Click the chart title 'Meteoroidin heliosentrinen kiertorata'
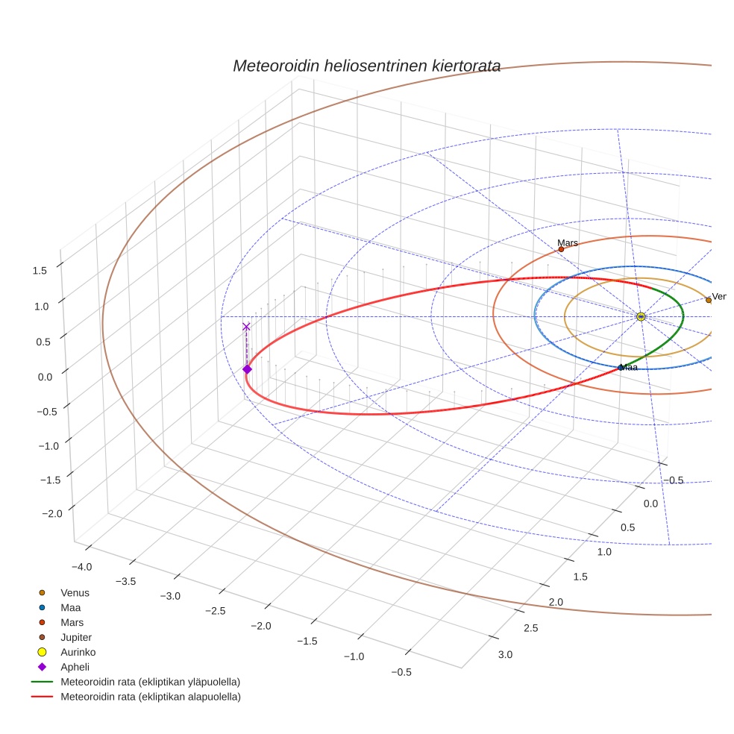tap(366, 66)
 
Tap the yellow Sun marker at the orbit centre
tap(641, 316)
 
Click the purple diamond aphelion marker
tap(247, 369)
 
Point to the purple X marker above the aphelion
tap(246, 327)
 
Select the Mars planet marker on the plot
tap(561, 249)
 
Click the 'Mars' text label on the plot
tap(568, 242)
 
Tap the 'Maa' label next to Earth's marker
tap(630, 367)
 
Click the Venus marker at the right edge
tap(709, 300)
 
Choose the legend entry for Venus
tap(75, 592)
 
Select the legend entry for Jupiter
tap(76, 637)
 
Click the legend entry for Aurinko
tap(78, 652)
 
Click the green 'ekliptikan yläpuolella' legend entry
tap(150, 682)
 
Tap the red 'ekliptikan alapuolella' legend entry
tap(150, 697)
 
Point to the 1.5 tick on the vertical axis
tap(40, 270)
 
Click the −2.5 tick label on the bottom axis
tap(215, 611)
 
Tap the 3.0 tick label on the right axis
tap(505, 655)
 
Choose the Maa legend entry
tap(71, 607)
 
